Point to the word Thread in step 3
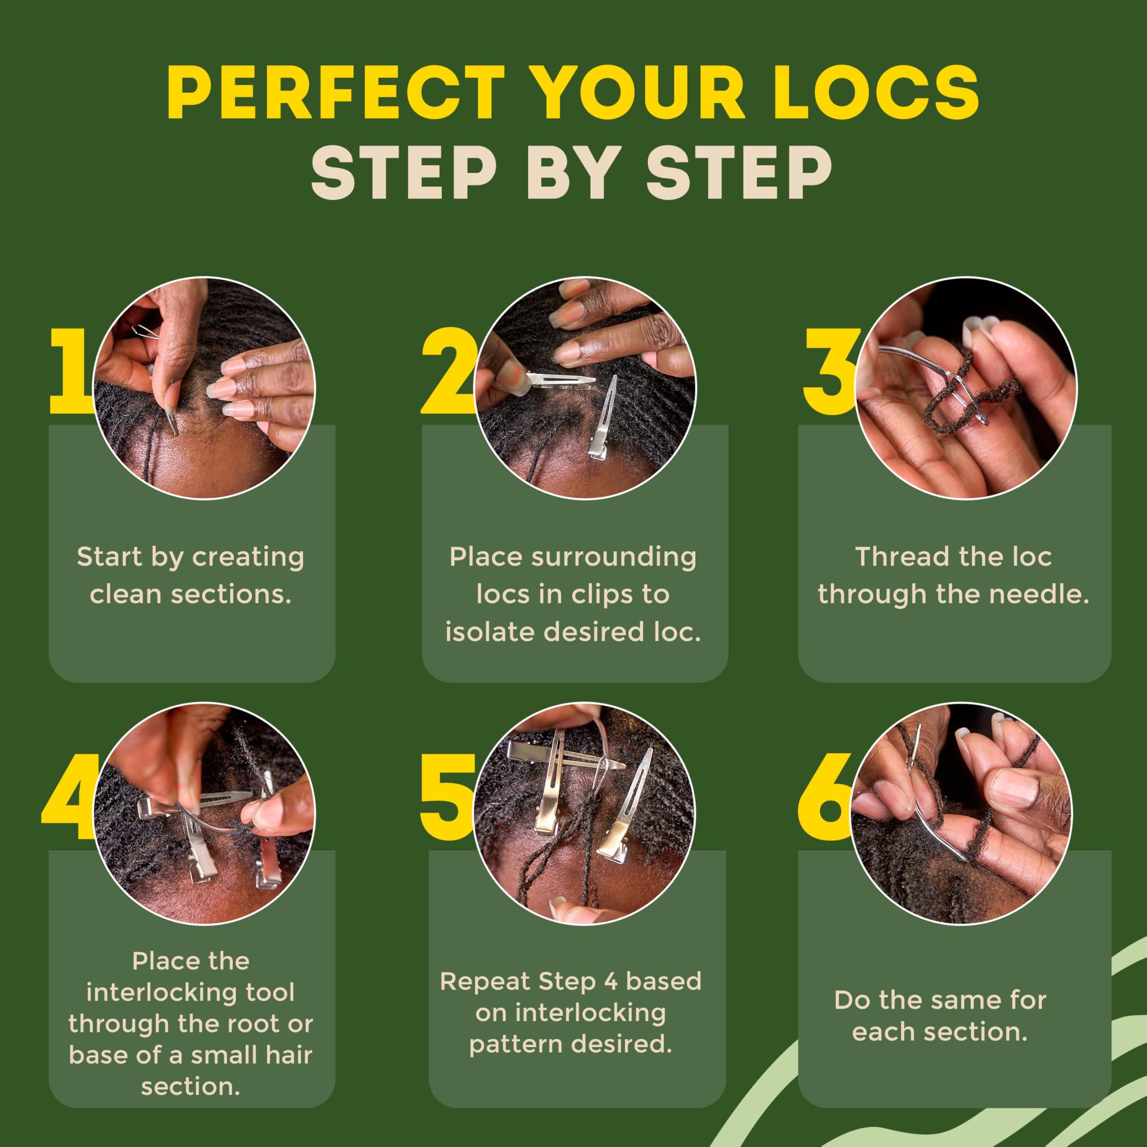(x=889, y=557)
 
